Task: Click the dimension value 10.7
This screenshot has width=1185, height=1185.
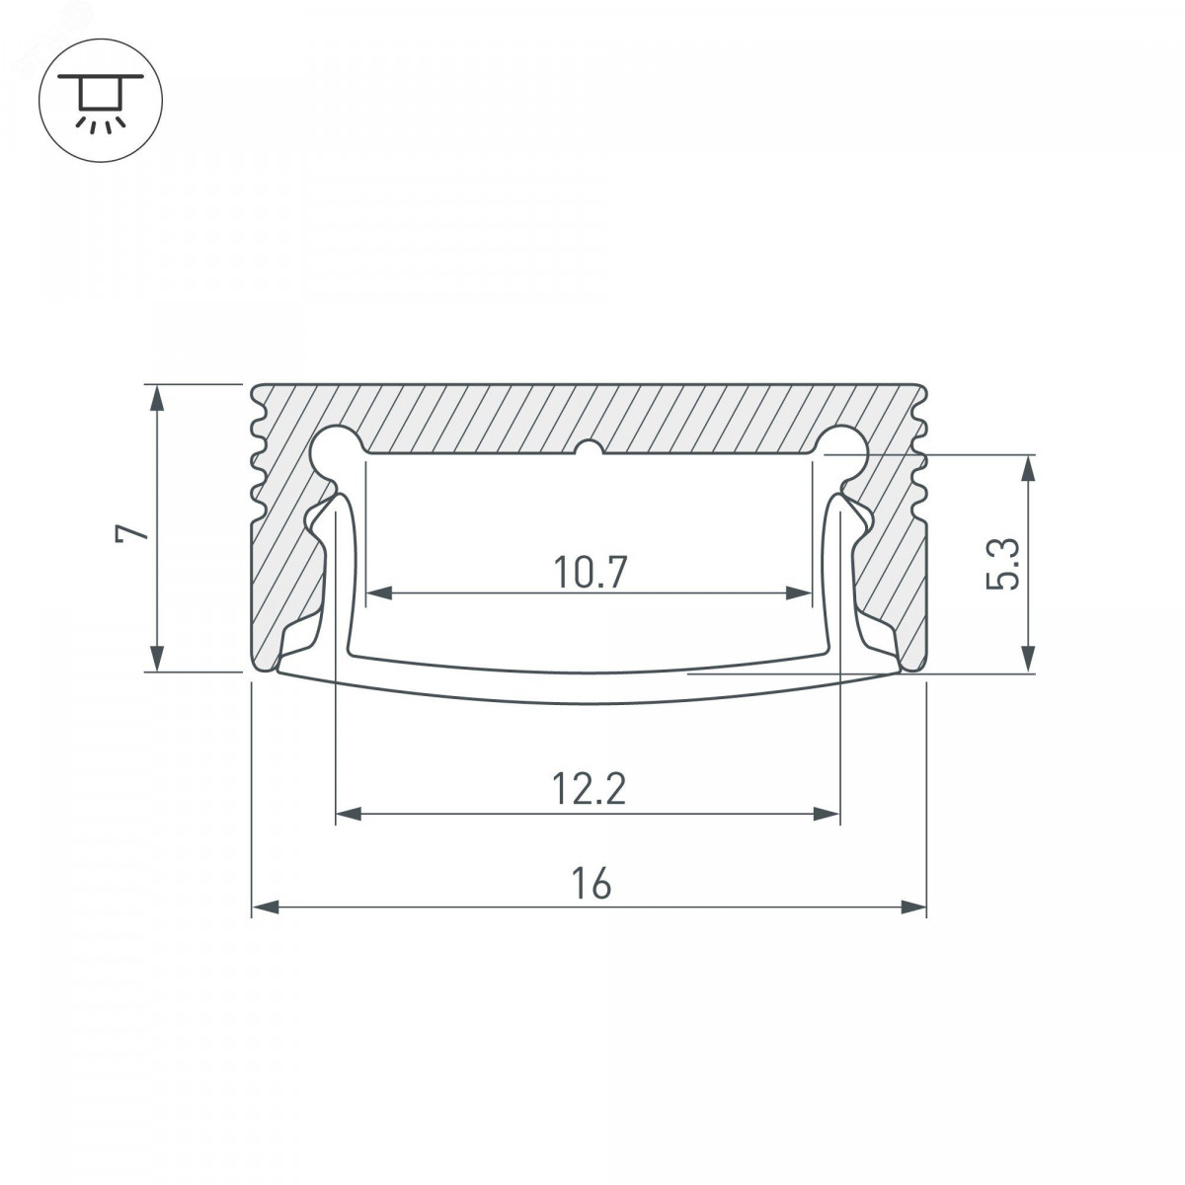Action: [590, 572]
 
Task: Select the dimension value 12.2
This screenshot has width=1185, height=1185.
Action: [590, 789]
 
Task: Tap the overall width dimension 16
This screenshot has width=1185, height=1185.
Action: [591, 883]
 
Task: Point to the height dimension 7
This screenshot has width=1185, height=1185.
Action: [132, 526]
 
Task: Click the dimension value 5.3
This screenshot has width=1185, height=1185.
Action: [1002, 564]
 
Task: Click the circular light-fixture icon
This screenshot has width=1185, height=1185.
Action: [101, 101]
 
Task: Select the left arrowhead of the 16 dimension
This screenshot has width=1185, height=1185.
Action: [266, 908]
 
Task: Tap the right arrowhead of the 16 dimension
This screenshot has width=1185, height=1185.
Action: [912, 908]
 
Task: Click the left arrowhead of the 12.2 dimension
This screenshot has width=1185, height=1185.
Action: [349, 814]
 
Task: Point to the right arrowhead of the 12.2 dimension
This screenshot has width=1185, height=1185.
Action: [827, 814]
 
